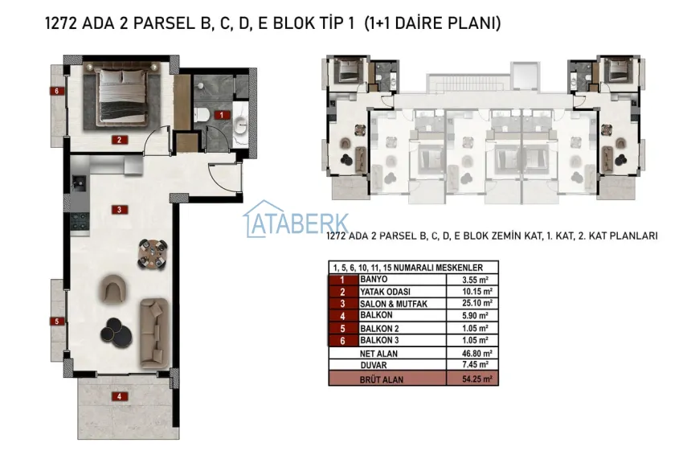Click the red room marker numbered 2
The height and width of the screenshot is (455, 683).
118,139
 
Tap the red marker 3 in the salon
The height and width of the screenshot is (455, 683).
118,210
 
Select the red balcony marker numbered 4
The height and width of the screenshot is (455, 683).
118,396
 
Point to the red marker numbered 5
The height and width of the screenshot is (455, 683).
56,322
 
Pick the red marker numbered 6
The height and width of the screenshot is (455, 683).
56,91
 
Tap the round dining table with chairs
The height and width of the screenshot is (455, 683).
152,252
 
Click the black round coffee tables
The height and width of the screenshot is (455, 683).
119,332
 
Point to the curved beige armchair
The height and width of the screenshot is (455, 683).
115,287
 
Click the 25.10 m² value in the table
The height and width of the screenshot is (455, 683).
476,303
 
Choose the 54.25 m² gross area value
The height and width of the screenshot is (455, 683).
476,379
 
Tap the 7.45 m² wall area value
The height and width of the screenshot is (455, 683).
477,364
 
